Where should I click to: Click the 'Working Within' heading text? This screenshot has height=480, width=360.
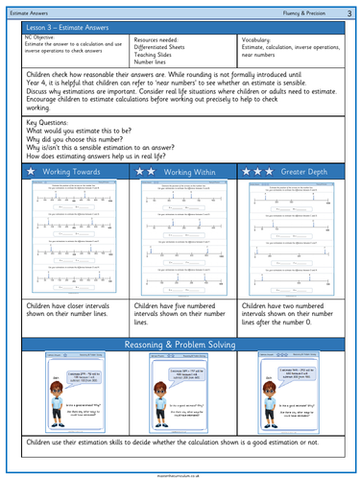(x=189, y=171)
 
